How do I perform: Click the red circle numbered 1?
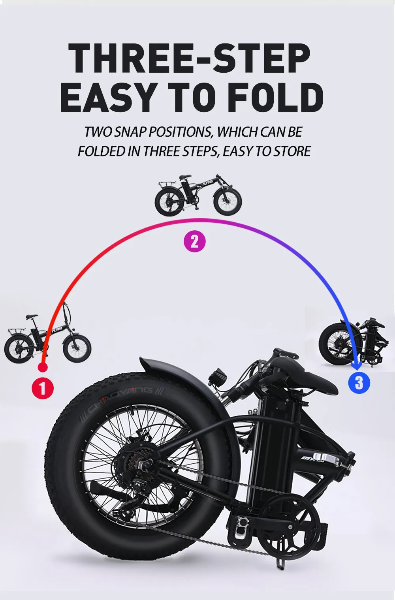point(43,388)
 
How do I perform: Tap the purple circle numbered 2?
point(195,241)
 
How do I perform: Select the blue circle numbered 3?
point(359,382)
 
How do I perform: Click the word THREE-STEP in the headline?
point(190,58)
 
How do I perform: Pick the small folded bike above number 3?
point(352,342)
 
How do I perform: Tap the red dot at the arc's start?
point(43,367)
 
